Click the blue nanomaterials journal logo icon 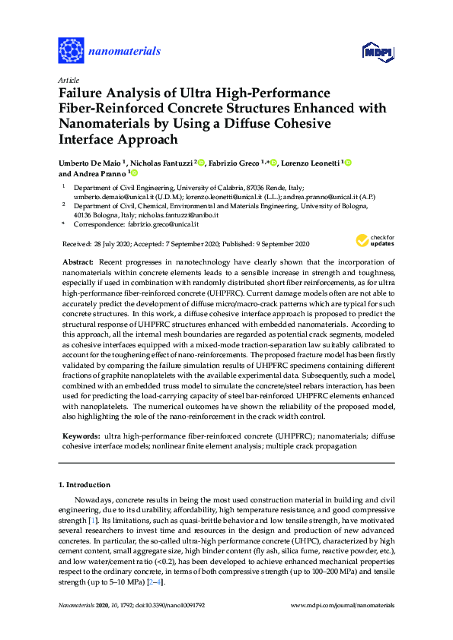(72, 51)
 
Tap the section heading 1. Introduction (85, 484)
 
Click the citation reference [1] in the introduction (92, 519)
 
